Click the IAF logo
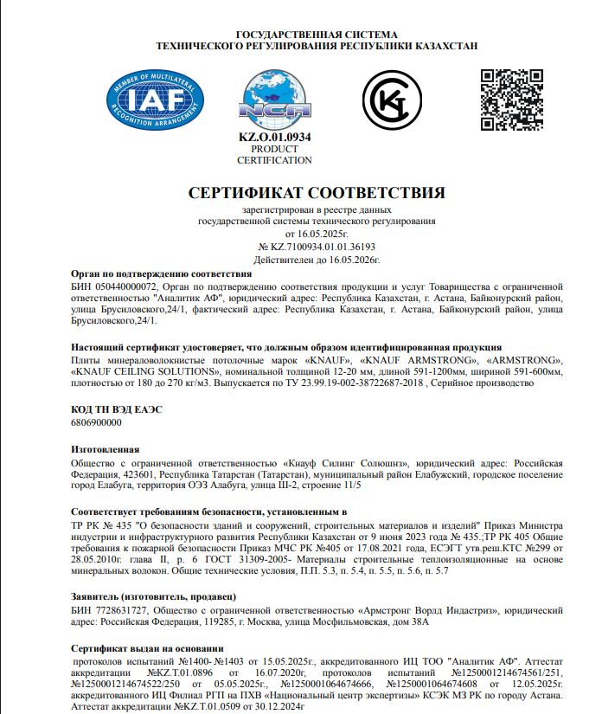(x=149, y=98)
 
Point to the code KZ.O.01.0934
(x=274, y=138)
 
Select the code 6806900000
(x=94, y=423)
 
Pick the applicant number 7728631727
(x=117, y=610)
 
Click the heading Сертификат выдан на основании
(x=146, y=647)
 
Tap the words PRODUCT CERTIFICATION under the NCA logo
(x=274, y=155)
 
